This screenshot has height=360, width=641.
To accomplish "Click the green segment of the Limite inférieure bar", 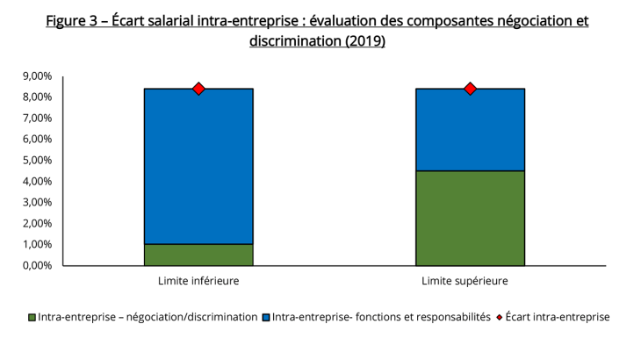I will click(x=198, y=255).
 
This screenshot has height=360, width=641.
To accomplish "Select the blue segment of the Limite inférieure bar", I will click(x=198, y=166).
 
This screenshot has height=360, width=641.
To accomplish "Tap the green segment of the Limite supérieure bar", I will click(x=470, y=218).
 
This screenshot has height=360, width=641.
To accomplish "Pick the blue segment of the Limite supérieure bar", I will click(x=470, y=129).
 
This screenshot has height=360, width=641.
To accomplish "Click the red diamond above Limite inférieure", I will click(x=198, y=89).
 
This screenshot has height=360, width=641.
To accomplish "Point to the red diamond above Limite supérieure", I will click(x=470, y=89).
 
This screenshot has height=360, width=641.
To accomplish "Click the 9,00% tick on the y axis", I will click(x=36, y=76).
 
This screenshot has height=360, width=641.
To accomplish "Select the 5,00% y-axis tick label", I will click(x=36, y=161).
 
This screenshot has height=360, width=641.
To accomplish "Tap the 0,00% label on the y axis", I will click(x=36, y=265).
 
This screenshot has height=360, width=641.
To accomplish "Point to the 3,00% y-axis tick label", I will click(x=36, y=202).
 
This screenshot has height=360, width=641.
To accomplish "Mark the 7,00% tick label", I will click(x=36, y=119).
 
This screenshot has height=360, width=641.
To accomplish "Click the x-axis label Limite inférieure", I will click(x=198, y=281).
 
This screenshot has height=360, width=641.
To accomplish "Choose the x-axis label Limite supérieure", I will click(x=470, y=281).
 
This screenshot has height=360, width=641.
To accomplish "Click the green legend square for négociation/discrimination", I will click(x=32, y=317).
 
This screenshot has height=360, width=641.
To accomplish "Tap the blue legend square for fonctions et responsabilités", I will click(x=266, y=317).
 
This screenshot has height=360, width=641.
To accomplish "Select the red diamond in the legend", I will click(x=501, y=317).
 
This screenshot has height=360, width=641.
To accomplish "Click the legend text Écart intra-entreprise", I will click(x=558, y=317).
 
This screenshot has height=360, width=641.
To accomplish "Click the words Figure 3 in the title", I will click(x=73, y=20).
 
